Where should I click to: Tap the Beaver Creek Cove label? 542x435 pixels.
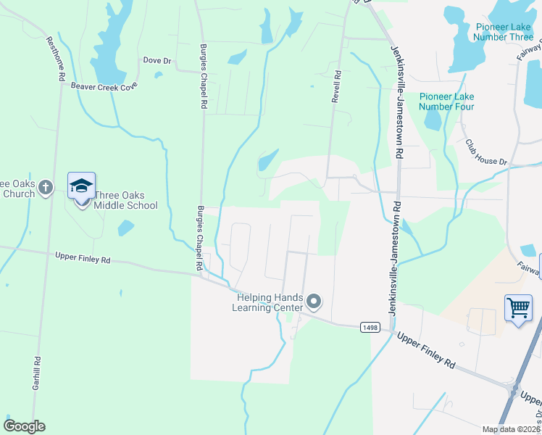104,87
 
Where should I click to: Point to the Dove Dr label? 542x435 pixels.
157,61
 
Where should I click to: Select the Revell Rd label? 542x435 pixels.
336,86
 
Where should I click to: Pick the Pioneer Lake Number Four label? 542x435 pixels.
446,101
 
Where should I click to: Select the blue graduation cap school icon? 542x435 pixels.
81,186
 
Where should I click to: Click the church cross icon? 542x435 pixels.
45,188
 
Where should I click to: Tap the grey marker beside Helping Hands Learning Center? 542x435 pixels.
314,301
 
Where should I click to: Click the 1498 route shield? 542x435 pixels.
370,328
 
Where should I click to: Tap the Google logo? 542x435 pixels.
24,426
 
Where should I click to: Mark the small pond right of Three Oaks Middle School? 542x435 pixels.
126,228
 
